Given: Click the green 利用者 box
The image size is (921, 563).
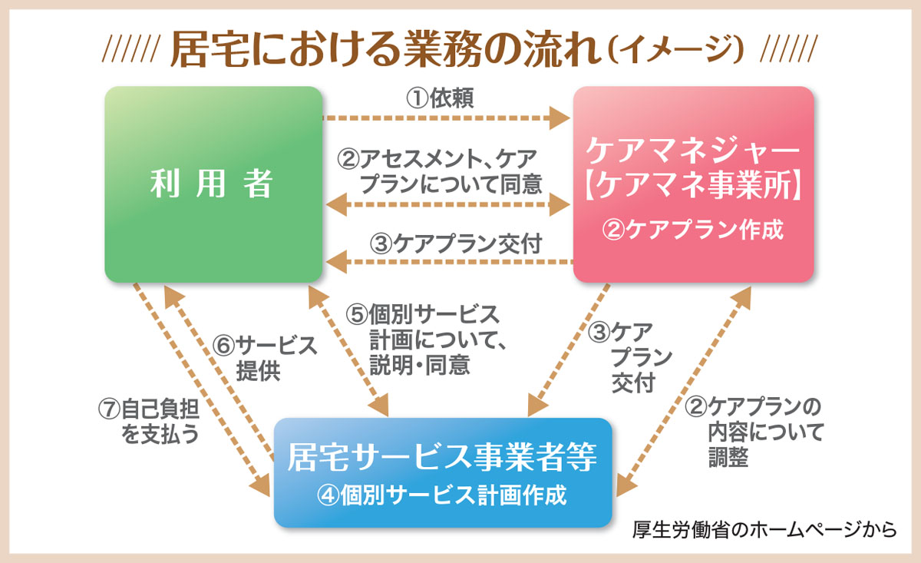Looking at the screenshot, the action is [x=213, y=184].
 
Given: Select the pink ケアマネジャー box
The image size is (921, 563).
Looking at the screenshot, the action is [x=693, y=184].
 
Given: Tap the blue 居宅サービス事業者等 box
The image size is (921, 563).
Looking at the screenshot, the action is [x=443, y=472].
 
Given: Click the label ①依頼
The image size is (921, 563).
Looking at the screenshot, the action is [x=440, y=98].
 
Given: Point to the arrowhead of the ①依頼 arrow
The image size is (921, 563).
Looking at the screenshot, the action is [x=560, y=118].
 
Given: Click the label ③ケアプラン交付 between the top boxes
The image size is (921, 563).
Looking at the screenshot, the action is [x=456, y=243].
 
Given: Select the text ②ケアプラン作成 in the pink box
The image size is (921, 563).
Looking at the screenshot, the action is [x=693, y=230].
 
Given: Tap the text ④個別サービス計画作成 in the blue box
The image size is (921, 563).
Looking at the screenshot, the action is [x=442, y=495].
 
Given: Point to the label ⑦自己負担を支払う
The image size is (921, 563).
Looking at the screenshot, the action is [x=149, y=422].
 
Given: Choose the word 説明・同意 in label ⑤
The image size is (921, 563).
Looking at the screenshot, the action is [x=420, y=365].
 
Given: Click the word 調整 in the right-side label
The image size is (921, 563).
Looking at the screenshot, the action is [x=728, y=457].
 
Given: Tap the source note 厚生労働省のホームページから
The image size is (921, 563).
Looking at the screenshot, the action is [x=764, y=530].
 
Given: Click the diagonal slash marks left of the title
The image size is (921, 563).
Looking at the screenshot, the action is [x=130, y=48].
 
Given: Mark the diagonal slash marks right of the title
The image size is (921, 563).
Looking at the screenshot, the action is [x=789, y=48].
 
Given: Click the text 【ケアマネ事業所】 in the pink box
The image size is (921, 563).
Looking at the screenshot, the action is [x=693, y=186].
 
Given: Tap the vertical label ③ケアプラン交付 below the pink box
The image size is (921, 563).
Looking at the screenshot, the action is [x=629, y=357].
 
